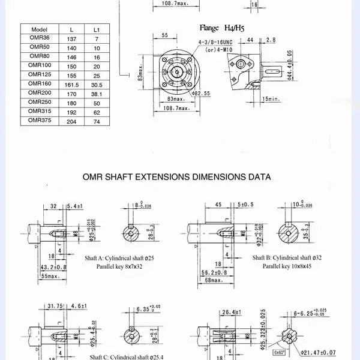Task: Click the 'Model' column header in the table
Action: [x=39, y=29]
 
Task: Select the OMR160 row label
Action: [x=39, y=83]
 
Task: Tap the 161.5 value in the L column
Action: [x=71, y=85]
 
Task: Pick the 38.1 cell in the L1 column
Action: [x=97, y=94]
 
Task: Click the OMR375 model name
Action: [x=39, y=120]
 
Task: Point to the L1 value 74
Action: [x=97, y=121]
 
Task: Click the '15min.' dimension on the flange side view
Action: [x=271, y=98]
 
